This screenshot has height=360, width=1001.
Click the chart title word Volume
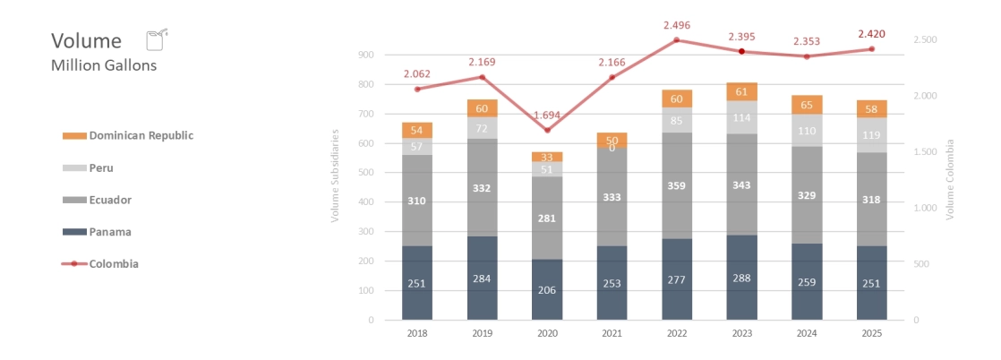[x=86, y=41]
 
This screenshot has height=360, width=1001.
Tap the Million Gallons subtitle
[x=104, y=65]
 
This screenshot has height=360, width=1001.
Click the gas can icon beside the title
[x=157, y=39]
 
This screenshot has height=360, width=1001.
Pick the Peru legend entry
[x=100, y=167]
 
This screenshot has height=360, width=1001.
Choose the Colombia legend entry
[x=113, y=263]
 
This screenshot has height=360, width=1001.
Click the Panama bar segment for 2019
[x=482, y=278]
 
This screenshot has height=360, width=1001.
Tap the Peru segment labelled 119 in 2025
[x=872, y=135]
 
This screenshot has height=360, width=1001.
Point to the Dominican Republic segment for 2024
[x=807, y=105]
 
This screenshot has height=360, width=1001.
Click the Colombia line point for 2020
[x=547, y=130]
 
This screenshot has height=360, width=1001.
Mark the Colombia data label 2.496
[x=677, y=25]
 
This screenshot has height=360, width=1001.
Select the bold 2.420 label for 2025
[x=872, y=34]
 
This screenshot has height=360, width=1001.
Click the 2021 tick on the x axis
[x=612, y=333]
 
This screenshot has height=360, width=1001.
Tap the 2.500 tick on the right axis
[x=925, y=40]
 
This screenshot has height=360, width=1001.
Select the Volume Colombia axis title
[x=950, y=180]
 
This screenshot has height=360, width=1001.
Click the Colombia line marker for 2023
[x=741, y=51]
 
